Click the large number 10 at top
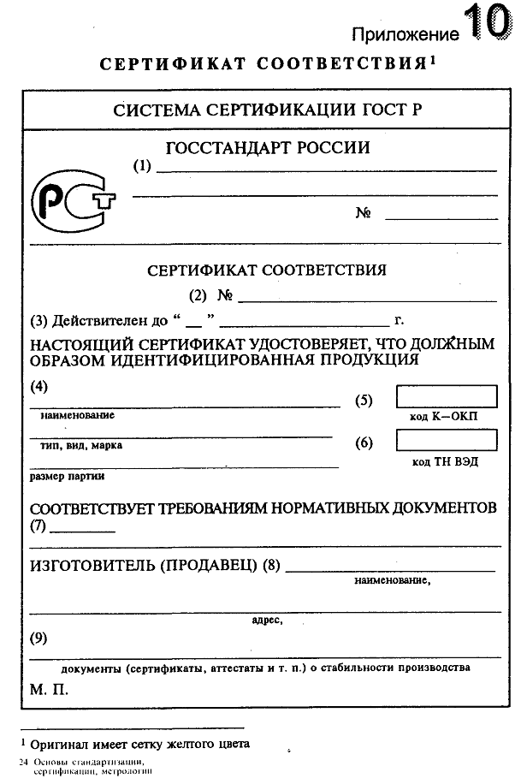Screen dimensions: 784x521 click(487, 22)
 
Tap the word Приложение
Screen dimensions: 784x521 click(406, 34)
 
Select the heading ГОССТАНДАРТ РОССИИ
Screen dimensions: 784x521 click(268, 148)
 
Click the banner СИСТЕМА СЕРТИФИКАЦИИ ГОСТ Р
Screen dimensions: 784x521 click(267, 110)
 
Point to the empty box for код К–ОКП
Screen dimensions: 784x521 click(446, 396)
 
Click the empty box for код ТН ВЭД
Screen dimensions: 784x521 click(446, 440)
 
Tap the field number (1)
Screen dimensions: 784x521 click(142, 166)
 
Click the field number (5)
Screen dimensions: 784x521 click(364, 400)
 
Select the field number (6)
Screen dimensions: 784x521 click(364, 442)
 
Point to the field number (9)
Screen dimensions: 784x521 click(38, 638)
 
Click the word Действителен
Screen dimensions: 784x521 click(99, 323)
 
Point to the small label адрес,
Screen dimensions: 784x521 click(267, 620)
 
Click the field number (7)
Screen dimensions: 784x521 click(38, 526)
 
